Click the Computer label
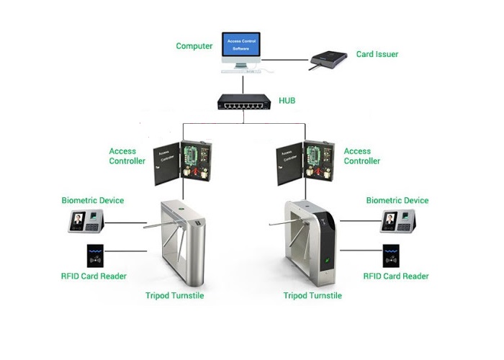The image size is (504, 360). (x=194, y=46)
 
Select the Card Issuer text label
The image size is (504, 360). (x=377, y=54)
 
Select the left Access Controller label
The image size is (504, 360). (x=123, y=156)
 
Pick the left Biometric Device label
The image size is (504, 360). (x=93, y=200)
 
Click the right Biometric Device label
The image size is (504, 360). (x=397, y=200)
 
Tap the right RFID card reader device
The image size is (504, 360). (x=392, y=257)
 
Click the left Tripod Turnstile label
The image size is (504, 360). (x=175, y=295)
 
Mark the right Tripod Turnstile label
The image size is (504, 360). (x=312, y=295)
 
